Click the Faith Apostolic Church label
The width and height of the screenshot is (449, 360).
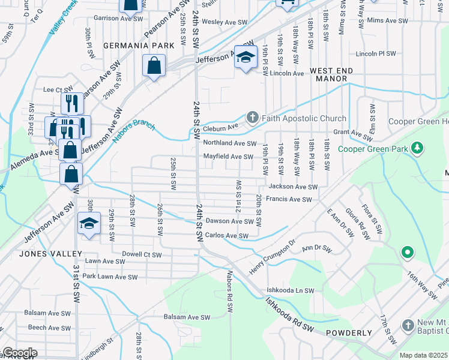(x=304, y=118)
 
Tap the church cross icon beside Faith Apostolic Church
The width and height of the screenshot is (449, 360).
(x=253, y=117)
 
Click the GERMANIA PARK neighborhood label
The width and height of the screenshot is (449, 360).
(x=130, y=46)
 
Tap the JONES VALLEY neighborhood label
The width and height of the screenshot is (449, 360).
(x=42, y=253)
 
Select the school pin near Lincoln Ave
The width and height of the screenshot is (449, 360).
(x=246, y=58)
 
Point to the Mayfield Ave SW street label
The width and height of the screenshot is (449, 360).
(x=228, y=157)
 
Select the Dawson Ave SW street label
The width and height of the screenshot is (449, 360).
(x=231, y=221)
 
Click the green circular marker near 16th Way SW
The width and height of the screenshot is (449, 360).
(x=407, y=253)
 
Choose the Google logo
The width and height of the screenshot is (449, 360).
(x=19, y=353)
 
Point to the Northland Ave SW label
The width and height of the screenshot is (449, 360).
(x=231, y=143)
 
